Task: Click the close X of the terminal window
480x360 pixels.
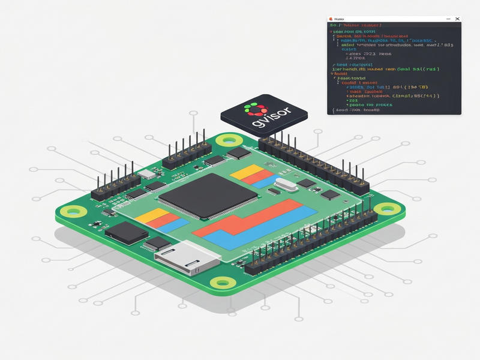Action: click(457, 20)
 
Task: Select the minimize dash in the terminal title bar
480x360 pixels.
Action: click(448, 20)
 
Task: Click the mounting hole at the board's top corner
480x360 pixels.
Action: click(229, 140)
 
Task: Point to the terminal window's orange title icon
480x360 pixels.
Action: click(332, 20)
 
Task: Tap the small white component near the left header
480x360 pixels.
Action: click(146, 175)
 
